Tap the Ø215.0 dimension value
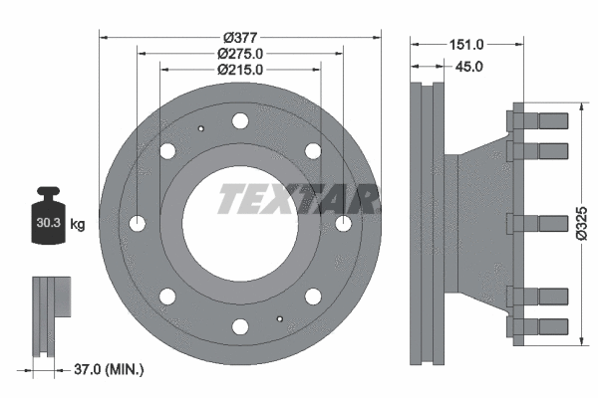tap(240, 70)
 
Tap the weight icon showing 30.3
tap(48, 219)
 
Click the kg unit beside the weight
tap(78, 225)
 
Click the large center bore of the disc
tap(239, 221)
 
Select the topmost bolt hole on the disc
tap(240, 121)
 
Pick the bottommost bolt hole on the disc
tap(240, 326)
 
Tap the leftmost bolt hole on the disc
tap(138, 221)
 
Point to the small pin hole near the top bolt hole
tap(199, 127)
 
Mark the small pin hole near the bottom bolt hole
tap(281, 319)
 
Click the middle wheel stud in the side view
tap(538, 221)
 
